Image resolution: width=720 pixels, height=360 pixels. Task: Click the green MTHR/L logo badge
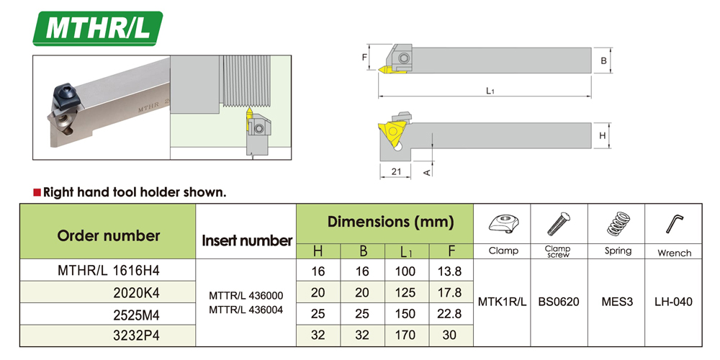tap(98, 29)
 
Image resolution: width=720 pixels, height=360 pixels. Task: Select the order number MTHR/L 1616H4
tap(109, 271)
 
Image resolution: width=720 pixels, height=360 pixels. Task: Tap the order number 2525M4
tap(136, 315)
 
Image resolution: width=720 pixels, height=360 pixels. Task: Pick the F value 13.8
tap(450, 271)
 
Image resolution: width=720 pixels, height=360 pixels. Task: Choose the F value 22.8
tap(450, 314)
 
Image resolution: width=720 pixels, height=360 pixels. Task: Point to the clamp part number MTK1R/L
tap(503, 302)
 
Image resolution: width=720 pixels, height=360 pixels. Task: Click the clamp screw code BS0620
tap(559, 302)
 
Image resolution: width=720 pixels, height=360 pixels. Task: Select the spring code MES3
tap(617, 302)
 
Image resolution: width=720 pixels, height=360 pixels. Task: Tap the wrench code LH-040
tap(674, 302)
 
